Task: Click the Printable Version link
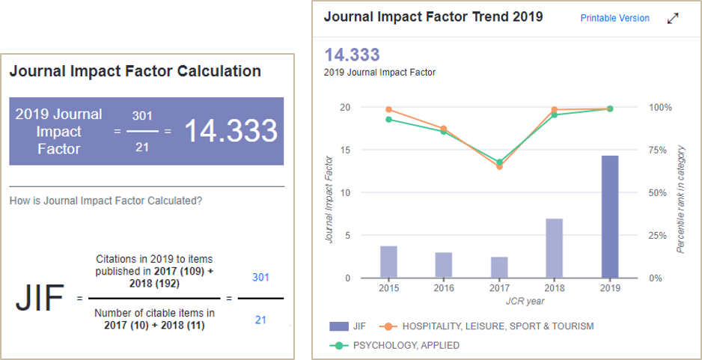click(614, 18)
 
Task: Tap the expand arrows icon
click(672, 18)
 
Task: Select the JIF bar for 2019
click(610, 217)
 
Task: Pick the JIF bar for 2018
click(555, 248)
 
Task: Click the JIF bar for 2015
click(388, 262)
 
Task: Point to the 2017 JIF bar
click(499, 267)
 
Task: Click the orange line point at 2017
click(499, 166)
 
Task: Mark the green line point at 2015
click(388, 119)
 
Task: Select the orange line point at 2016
click(444, 129)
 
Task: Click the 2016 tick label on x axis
click(444, 288)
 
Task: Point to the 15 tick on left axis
click(345, 150)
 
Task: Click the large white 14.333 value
click(231, 131)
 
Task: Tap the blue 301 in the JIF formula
click(261, 277)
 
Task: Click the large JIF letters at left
click(40, 299)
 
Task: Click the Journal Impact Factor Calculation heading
click(135, 71)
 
